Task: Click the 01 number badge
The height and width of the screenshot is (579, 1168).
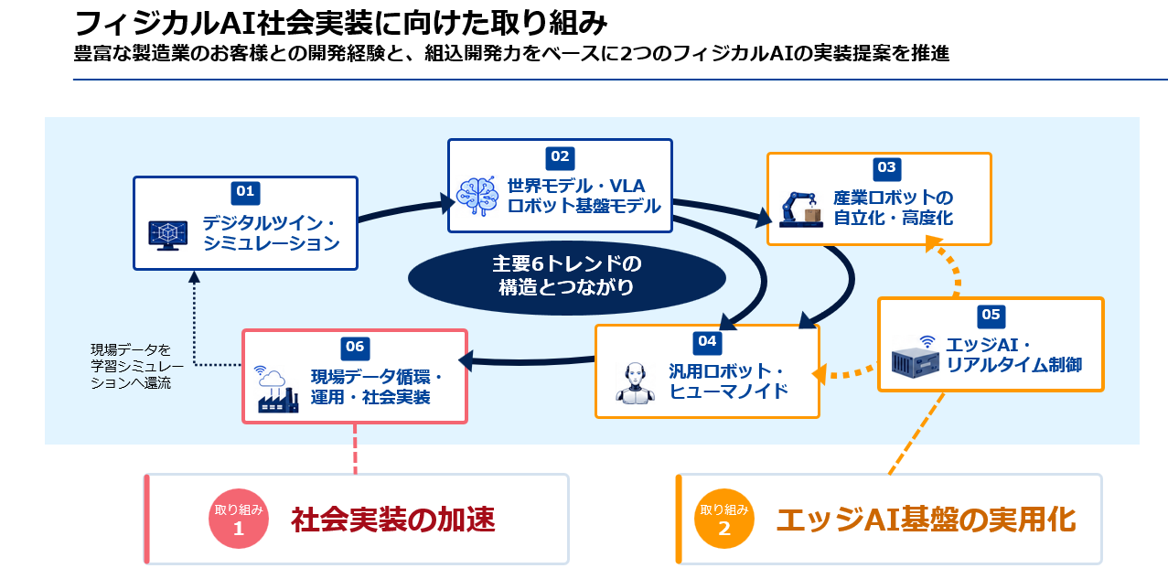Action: tap(245, 192)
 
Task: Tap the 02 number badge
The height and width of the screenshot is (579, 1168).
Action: tap(560, 157)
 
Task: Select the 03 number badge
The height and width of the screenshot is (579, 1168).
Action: tap(886, 168)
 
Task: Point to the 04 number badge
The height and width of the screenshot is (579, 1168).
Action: tap(707, 342)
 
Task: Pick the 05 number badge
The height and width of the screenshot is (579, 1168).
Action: tap(991, 315)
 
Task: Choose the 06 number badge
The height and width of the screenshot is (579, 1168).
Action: tap(355, 348)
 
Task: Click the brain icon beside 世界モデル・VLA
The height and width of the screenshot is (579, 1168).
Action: tap(477, 196)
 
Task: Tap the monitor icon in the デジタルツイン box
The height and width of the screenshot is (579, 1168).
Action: tap(168, 235)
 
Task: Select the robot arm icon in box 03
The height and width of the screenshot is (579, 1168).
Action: tap(801, 209)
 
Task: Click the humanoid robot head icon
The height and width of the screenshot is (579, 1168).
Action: tap(635, 383)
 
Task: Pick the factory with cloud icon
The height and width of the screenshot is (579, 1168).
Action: tap(276, 390)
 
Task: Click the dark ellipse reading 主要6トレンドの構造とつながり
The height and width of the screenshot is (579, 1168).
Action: tap(567, 278)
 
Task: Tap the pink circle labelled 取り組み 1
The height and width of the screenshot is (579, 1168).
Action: tap(239, 519)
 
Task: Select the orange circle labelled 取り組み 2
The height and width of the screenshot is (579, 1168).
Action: tap(723, 519)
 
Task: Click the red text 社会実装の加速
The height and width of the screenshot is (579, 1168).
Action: tap(392, 520)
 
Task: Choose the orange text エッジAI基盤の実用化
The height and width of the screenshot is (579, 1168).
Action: tap(926, 520)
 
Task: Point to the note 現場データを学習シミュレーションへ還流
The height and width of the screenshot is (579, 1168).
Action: tap(137, 366)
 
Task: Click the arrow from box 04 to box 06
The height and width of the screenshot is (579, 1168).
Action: tap(527, 361)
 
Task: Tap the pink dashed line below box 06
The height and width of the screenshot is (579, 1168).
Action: tap(355, 448)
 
